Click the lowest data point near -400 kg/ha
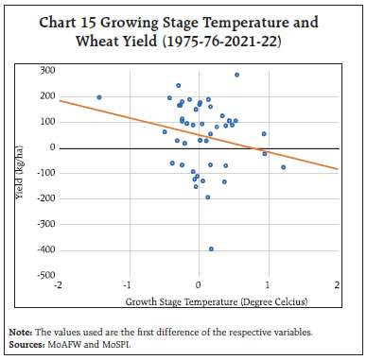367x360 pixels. tap(211, 249)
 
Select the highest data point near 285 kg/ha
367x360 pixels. tap(236, 75)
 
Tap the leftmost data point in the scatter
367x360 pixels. tap(99, 97)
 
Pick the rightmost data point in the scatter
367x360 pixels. tap(283, 167)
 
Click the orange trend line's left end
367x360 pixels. tap(60, 100)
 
